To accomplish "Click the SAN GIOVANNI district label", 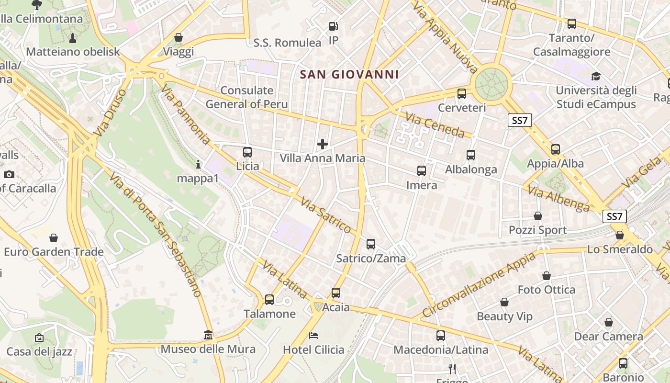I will tap(349, 75).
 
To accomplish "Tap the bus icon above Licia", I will tap(247, 152).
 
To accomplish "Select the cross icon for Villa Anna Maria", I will tap(323, 144).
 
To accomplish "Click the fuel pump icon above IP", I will tap(334, 26).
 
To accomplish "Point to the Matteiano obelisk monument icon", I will tap(73, 38).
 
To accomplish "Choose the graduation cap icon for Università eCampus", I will tap(596, 76).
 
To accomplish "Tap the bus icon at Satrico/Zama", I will tap(371, 244).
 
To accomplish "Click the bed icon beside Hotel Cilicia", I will tap(313, 335).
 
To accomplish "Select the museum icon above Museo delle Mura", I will tap(208, 335).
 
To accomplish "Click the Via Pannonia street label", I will tap(186, 114).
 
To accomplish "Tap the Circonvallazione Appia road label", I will tap(479, 285).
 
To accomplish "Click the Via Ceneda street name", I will tap(435, 124).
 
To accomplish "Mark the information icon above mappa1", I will tap(198, 165).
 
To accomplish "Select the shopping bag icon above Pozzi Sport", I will tap(538, 216).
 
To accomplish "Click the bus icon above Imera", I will tap(422, 171).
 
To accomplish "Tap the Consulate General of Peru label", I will tap(246, 97).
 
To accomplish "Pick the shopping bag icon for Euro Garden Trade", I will tap(54, 238).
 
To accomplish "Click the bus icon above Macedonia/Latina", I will tap(441, 336).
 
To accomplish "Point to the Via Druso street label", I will tap(110, 112).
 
